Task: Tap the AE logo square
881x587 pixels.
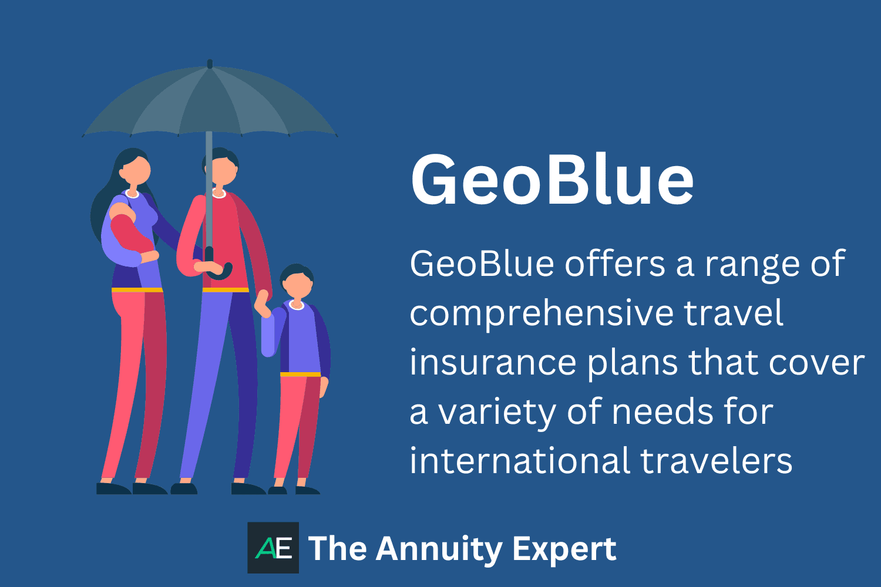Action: click(x=273, y=548)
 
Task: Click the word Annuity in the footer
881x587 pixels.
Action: click(x=439, y=549)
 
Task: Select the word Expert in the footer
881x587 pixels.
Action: click(x=564, y=549)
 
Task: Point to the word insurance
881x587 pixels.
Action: click(x=492, y=363)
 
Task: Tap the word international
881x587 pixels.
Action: click(x=519, y=461)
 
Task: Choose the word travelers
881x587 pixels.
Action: click(x=717, y=461)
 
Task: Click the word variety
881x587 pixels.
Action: click(x=497, y=412)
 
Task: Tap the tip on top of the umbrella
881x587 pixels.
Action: click(x=210, y=63)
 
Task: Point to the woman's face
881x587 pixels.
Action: click(x=135, y=170)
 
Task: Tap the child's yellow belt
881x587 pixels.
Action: click(x=300, y=374)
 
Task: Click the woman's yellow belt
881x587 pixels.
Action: click(x=137, y=290)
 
